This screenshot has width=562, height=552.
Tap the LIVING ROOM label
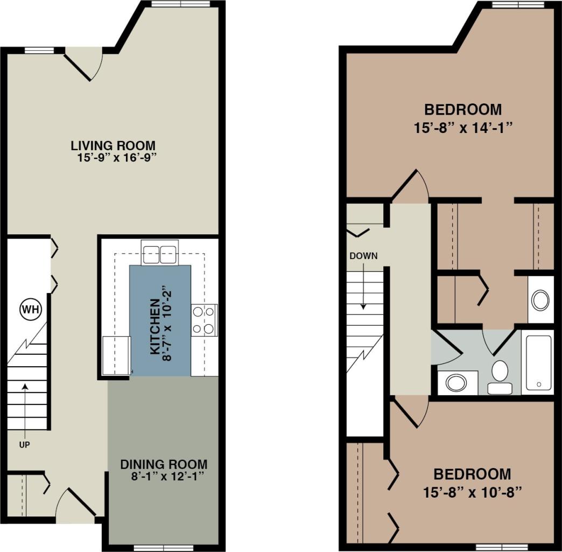[x=113, y=145]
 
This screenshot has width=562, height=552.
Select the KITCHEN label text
[x=154, y=326]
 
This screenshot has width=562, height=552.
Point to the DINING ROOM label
[x=164, y=464]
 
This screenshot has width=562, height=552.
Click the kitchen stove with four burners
[x=204, y=319]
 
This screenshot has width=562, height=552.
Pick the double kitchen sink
[x=159, y=253]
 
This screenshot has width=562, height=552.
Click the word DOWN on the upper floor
[x=363, y=256]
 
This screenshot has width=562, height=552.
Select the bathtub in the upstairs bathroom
[x=538, y=362]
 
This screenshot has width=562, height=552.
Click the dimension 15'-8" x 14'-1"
[x=463, y=128]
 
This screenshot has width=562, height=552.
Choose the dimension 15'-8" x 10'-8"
[x=472, y=492]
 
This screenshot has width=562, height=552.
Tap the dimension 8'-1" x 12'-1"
[x=164, y=477]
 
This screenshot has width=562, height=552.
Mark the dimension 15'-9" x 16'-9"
[x=116, y=158]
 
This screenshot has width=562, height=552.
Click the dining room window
[x=156, y=548]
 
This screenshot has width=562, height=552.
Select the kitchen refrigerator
[x=117, y=354]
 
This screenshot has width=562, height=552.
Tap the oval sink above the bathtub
[x=540, y=300]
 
